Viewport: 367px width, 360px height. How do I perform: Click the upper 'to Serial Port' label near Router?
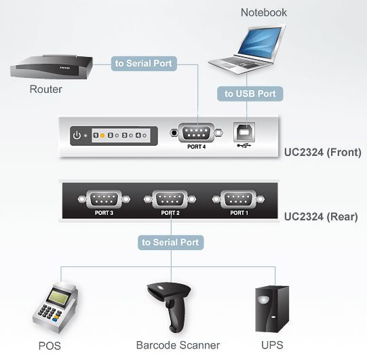(144, 64)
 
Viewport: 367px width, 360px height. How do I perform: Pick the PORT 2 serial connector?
(170, 199)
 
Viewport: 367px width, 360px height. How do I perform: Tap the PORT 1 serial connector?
(237, 199)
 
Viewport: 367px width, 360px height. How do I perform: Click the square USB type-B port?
(244, 131)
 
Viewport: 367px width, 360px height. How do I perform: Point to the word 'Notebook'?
(263, 12)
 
